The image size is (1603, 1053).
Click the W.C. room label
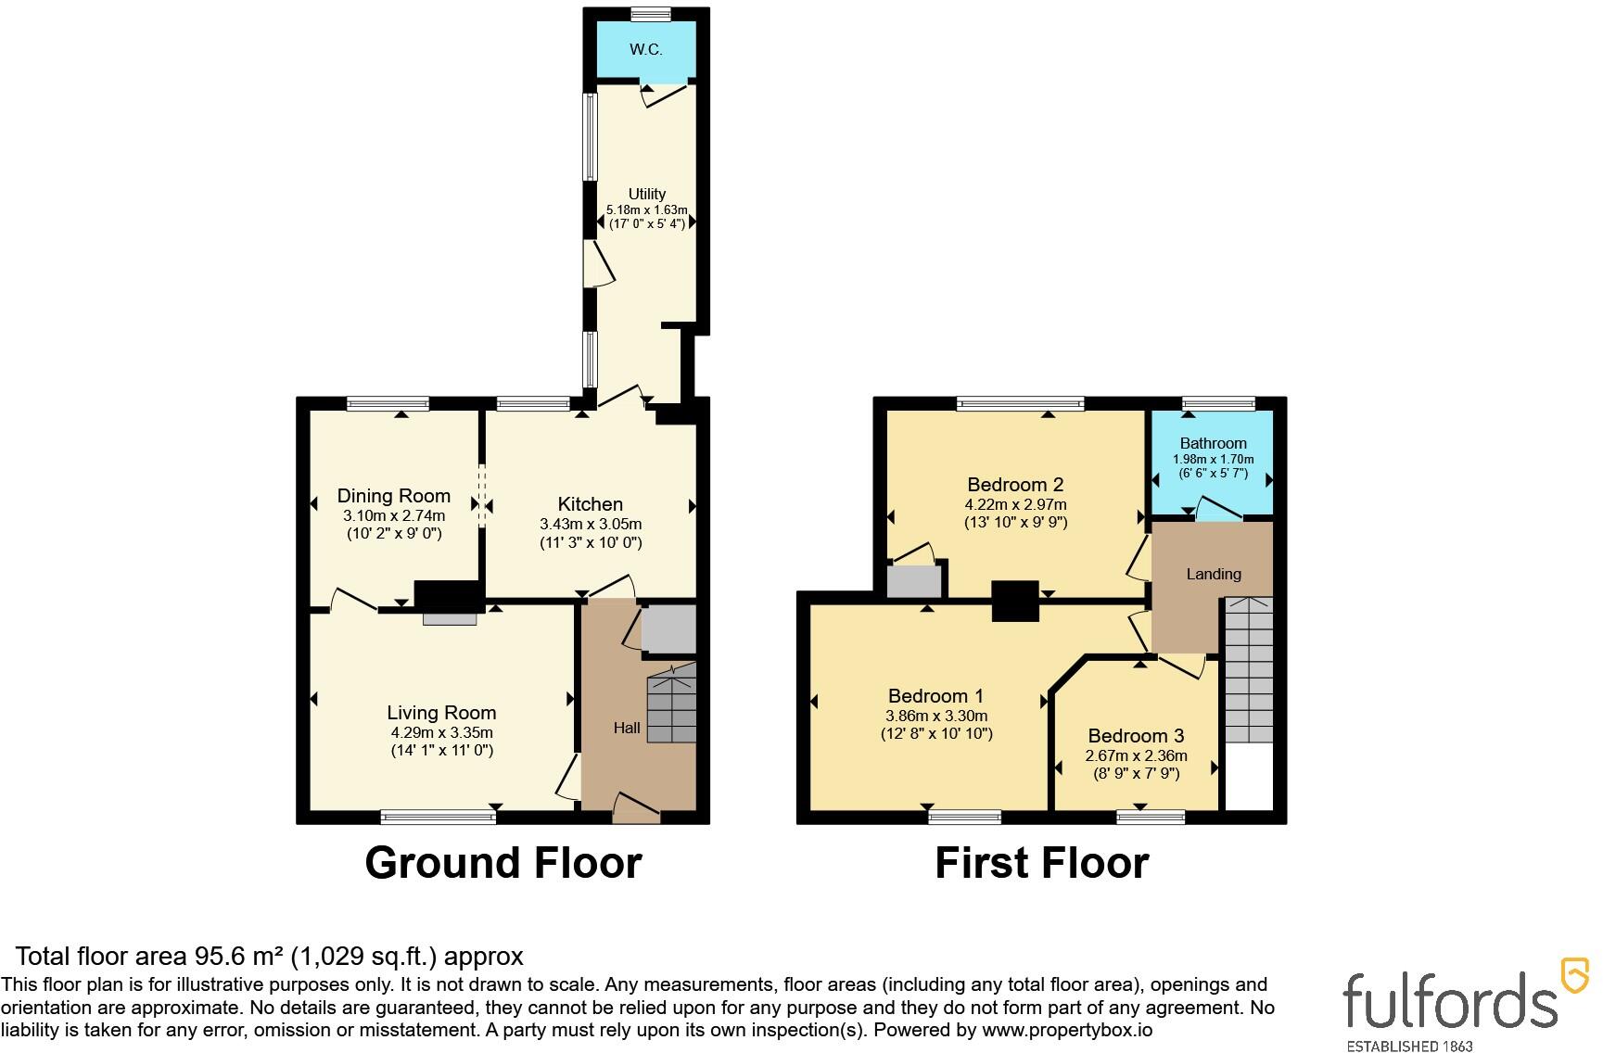pyautogui.click(x=646, y=50)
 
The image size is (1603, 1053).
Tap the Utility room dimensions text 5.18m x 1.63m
pyautogui.click(x=647, y=210)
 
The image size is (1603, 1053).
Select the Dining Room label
pyautogui.click(x=394, y=496)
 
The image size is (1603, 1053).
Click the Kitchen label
pyautogui.click(x=591, y=504)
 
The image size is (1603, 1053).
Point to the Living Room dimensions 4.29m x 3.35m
pyautogui.click(x=442, y=732)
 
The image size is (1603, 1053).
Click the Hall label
pyautogui.click(x=627, y=729)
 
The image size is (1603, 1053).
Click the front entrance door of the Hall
pyautogui.click(x=636, y=806)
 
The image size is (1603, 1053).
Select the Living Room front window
pyautogui.click(x=439, y=817)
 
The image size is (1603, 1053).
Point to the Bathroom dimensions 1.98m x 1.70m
pyautogui.click(x=1214, y=459)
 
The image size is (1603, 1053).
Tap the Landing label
pyautogui.click(x=1214, y=575)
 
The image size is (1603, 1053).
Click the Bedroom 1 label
pyautogui.click(x=936, y=696)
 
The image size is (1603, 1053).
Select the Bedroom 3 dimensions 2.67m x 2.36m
pyautogui.click(x=1137, y=755)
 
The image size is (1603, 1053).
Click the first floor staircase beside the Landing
pyautogui.click(x=1249, y=669)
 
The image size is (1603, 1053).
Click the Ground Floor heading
pyautogui.click(x=503, y=863)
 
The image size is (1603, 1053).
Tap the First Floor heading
pyautogui.click(x=1042, y=863)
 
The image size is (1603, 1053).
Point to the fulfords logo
pyautogui.click(x=1466, y=1006)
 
